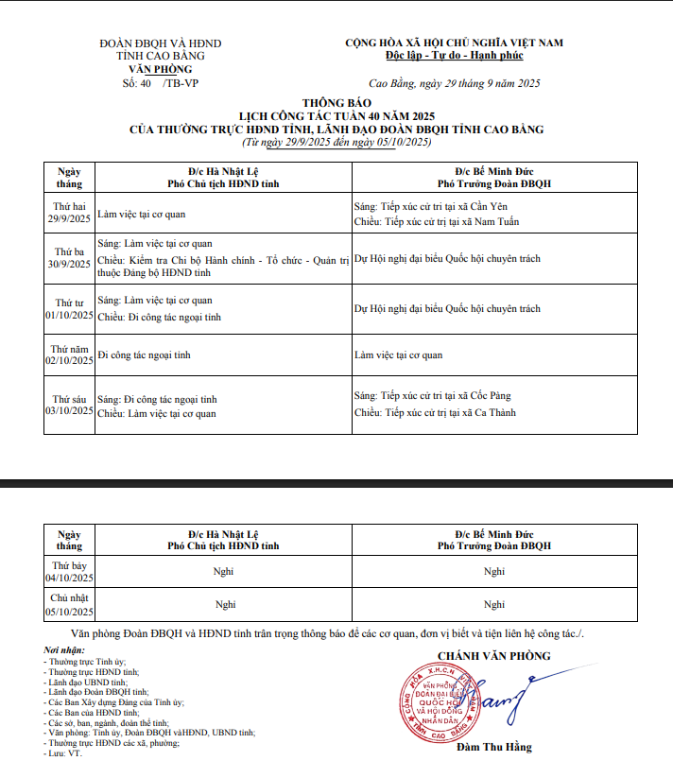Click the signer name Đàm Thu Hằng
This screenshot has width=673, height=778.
pos(493,748)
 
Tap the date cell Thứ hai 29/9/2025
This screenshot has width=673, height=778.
pos(70,213)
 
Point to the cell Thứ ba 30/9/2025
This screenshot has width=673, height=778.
pos(70,258)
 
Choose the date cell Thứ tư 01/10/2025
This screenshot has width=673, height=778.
pos(70,307)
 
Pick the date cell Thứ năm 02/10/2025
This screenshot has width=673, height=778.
pos(70,354)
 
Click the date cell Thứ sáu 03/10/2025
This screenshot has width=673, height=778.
pos(70,406)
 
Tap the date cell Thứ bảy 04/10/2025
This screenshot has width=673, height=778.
pos(70,571)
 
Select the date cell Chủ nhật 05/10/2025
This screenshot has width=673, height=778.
pos(70,604)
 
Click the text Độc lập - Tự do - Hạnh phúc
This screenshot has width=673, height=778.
pos(454,57)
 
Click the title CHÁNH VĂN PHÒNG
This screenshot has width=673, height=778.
pos(492,655)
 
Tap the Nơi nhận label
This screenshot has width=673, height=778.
pos(64,651)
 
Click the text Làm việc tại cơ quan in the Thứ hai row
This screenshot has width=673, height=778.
pos(141,215)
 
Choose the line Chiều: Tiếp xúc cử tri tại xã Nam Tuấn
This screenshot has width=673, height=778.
pos(436,222)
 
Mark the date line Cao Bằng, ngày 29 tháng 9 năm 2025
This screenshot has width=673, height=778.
pos(454,83)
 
